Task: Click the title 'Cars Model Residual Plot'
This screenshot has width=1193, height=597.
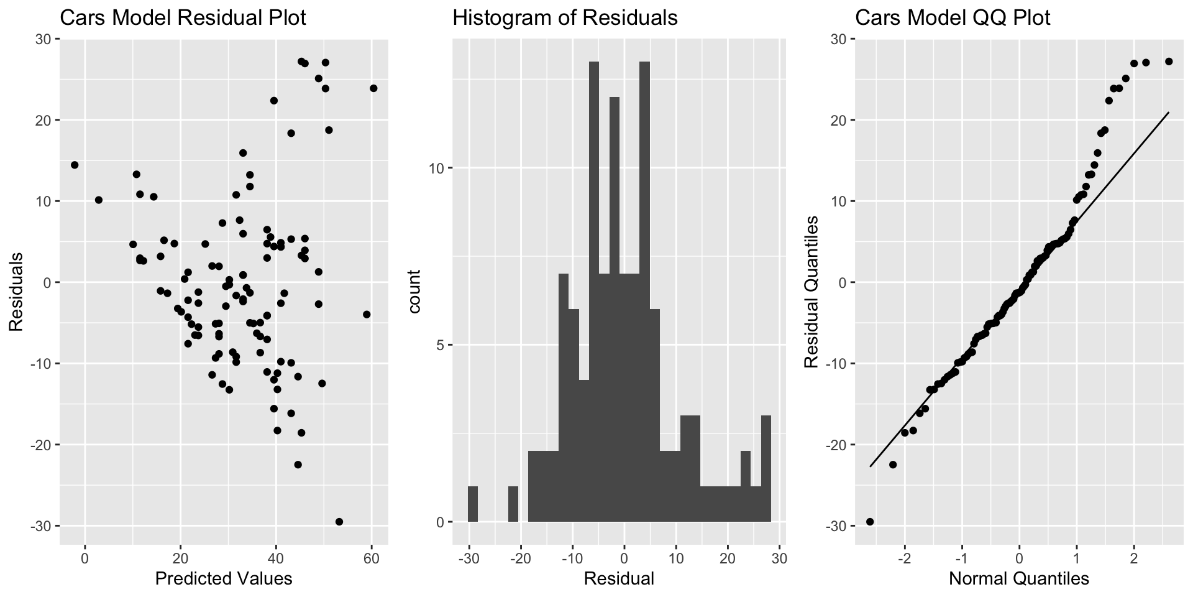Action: pos(183,18)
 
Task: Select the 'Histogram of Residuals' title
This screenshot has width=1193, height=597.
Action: pos(565,18)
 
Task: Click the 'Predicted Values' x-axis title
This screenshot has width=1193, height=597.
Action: pos(224,579)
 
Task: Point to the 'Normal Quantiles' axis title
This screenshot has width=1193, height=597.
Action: pos(1019,579)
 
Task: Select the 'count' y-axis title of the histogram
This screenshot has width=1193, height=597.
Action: pos(416,292)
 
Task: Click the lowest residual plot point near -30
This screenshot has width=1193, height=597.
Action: pos(339,522)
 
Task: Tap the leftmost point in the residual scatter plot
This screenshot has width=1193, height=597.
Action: pos(75,165)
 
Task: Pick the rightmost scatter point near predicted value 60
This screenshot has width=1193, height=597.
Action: pos(373,88)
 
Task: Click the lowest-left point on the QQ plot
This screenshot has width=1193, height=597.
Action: pos(870,522)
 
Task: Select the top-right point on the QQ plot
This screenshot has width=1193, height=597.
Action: pos(1169,62)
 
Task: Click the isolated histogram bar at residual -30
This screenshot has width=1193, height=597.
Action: pos(472,504)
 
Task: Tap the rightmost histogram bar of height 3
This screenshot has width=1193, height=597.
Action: pos(766,468)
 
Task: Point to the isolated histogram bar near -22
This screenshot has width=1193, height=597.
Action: pos(513,504)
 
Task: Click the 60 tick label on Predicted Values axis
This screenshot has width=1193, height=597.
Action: pos(371,558)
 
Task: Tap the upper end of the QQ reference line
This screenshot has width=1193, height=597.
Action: pos(1168,113)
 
